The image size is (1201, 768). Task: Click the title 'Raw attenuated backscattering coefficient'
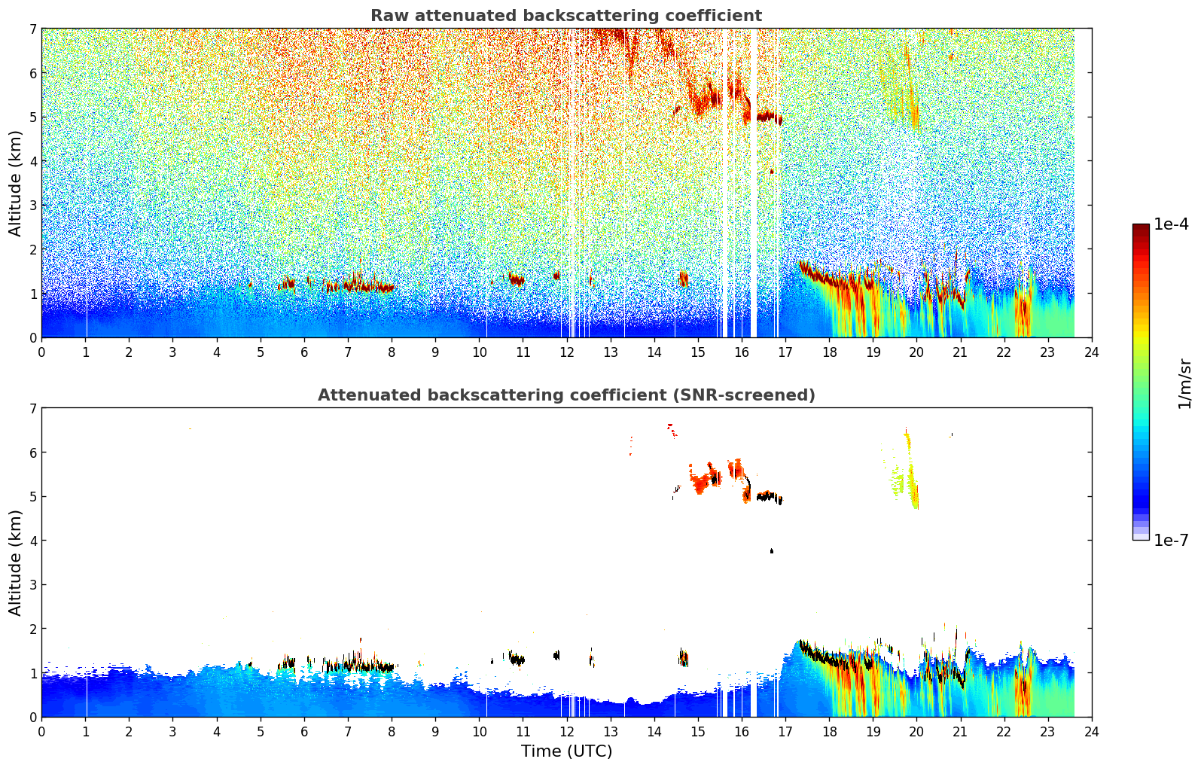click(565, 16)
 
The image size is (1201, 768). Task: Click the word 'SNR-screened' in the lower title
click(741, 395)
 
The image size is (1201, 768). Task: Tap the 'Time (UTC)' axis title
click(566, 751)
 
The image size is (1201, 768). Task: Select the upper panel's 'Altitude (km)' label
click(16, 183)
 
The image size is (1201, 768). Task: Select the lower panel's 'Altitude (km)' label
click(16, 562)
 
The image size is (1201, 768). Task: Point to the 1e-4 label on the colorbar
click(1171, 224)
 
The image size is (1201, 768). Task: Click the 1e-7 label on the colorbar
click(1171, 540)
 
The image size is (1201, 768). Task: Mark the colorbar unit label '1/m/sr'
click(1184, 383)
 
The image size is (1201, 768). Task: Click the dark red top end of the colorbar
click(1141, 228)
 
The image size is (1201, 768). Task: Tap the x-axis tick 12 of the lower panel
click(566, 731)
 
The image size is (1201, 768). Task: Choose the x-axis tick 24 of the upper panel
click(1092, 352)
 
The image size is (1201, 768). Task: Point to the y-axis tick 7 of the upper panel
click(32, 29)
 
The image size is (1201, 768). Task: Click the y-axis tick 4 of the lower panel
click(32, 541)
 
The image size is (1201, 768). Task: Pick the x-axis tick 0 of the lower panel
click(41, 731)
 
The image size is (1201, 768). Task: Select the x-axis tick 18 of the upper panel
click(829, 352)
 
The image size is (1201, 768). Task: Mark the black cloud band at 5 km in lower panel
click(768, 497)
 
